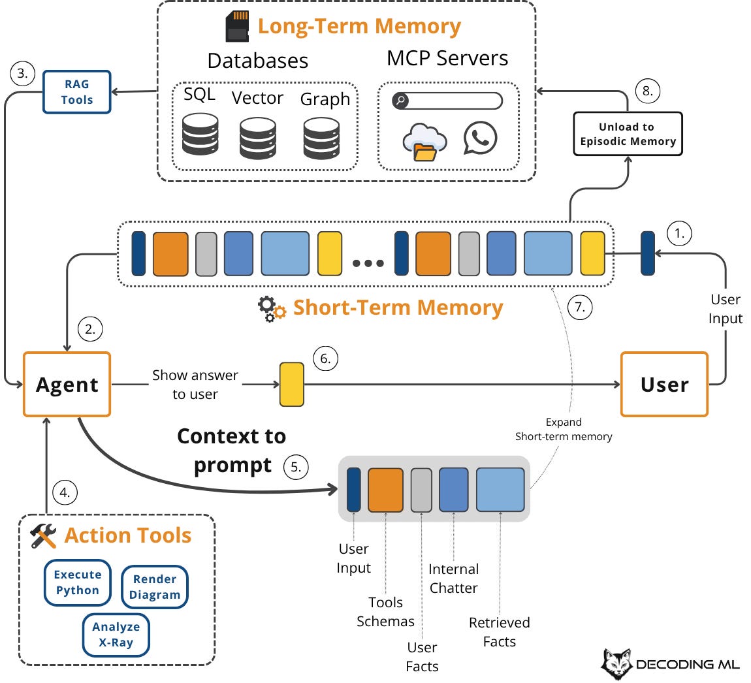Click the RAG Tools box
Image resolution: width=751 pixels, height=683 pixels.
point(77,92)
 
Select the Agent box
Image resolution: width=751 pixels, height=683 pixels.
point(67,385)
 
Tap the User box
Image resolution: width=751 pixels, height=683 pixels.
point(664,385)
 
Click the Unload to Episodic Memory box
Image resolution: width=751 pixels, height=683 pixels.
point(628,134)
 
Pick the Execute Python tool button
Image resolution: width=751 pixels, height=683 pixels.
point(78,582)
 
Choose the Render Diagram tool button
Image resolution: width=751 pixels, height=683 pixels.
point(155,587)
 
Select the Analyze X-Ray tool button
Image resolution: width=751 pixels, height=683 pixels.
point(116,634)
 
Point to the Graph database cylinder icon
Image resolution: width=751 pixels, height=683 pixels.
point(321,138)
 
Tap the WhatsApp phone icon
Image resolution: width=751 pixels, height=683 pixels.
point(480,138)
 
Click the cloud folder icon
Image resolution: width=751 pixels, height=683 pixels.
point(424,142)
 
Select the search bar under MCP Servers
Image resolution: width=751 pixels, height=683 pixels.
point(447,101)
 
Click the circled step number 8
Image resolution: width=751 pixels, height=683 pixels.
point(647,91)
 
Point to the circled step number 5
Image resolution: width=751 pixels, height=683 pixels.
point(296,467)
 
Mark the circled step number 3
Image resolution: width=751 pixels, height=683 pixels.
point(22,74)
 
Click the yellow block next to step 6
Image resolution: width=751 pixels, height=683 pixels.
point(292,385)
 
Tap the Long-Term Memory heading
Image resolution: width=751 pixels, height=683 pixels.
point(359,26)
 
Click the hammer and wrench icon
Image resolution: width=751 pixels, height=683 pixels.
point(44,536)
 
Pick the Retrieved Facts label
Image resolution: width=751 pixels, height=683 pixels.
point(499,632)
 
